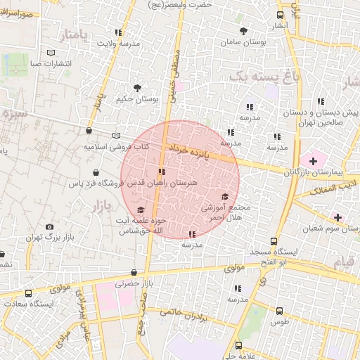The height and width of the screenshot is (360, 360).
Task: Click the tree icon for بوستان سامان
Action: (244, 31)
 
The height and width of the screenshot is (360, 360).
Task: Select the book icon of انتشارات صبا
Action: (50, 53)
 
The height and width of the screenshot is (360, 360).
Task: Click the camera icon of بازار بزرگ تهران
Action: (49, 226)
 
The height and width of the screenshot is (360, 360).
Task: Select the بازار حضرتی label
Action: (133, 283)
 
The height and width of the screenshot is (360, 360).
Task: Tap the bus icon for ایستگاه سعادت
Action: (28, 294)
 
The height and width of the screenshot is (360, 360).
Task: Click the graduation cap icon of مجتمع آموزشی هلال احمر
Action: (225, 197)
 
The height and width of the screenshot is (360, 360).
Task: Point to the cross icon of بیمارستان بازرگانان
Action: (313, 161)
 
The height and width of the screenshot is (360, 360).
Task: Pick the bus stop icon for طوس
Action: (279, 311)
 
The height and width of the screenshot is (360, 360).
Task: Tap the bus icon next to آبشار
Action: (281, 15)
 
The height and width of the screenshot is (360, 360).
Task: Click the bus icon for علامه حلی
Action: (239, 346)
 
